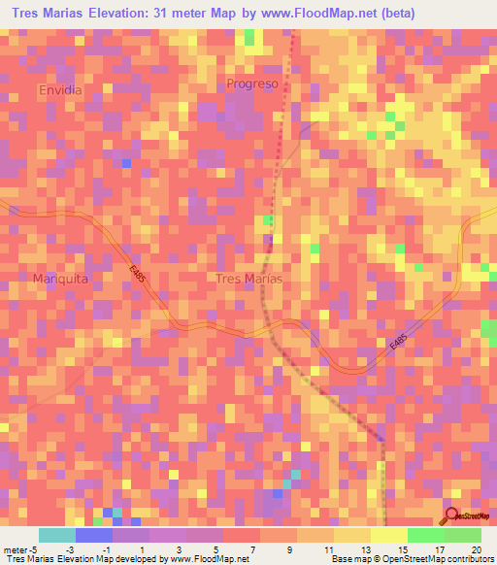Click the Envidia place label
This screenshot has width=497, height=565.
[60, 89]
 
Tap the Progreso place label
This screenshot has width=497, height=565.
[252, 83]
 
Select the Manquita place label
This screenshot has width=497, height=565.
[61, 278]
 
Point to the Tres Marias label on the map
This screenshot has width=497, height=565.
[248, 279]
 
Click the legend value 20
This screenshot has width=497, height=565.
[476, 548]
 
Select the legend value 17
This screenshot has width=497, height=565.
[439, 548]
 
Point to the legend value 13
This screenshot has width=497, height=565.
[365, 548]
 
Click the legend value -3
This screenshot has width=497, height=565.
[70, 548]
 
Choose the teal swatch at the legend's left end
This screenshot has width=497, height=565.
[56, 534]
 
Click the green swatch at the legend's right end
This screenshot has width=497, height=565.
[463, 534]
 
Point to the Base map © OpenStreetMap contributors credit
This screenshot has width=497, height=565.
[411, 559]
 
